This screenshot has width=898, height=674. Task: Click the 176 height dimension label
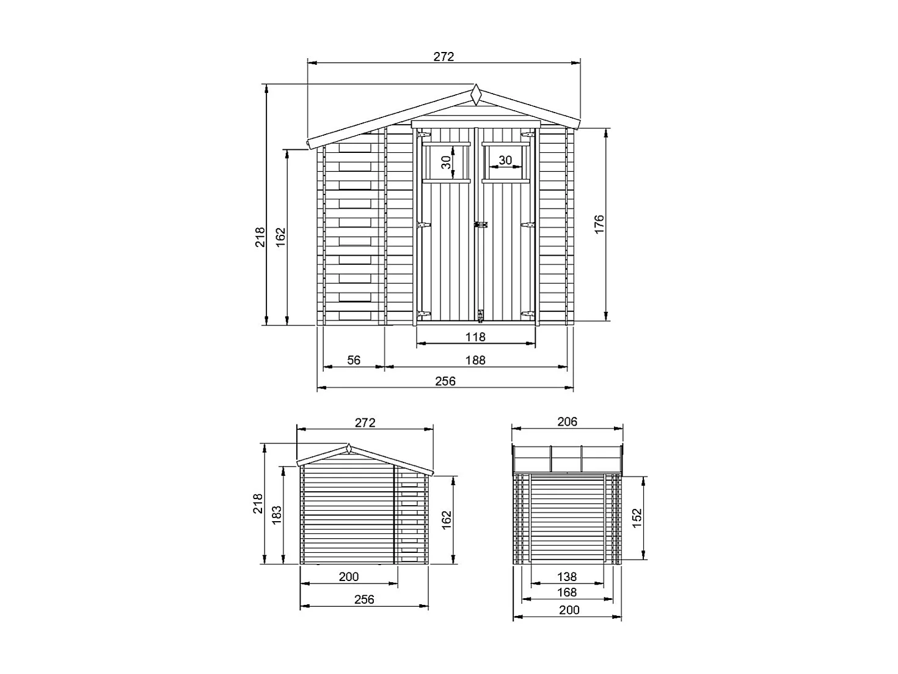click(x=599, y=224)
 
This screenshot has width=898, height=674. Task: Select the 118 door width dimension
click(x=475, y=336)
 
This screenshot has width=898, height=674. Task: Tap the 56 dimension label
click(x=354, y=360)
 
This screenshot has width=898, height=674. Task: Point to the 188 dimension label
click(x=475, y=360)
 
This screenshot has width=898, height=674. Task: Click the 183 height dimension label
click(x=277, y=515)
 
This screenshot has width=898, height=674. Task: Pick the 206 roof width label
click(x=567, y=421)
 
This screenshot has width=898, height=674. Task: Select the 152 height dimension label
click(x=637, y=517)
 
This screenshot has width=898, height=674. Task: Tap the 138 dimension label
click(x=567, y=576)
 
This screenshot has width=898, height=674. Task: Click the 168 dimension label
click(x=567, y=592)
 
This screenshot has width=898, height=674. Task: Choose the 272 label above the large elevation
click(x=444, y=56)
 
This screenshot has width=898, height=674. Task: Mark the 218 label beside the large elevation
click(x=261, y=237)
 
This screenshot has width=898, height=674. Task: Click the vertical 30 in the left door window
click(x=446, y=162)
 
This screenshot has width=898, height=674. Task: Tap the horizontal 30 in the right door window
click(x=505, y=160)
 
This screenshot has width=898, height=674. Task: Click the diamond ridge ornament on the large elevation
click(x=475, y=95)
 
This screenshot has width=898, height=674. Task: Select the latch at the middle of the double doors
click(x=481, y=224)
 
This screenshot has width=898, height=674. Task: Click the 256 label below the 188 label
click(x=445, y=381)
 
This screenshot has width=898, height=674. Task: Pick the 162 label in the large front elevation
click(x=280, y=237)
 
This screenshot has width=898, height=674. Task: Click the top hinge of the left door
click(x=423, y=134)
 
